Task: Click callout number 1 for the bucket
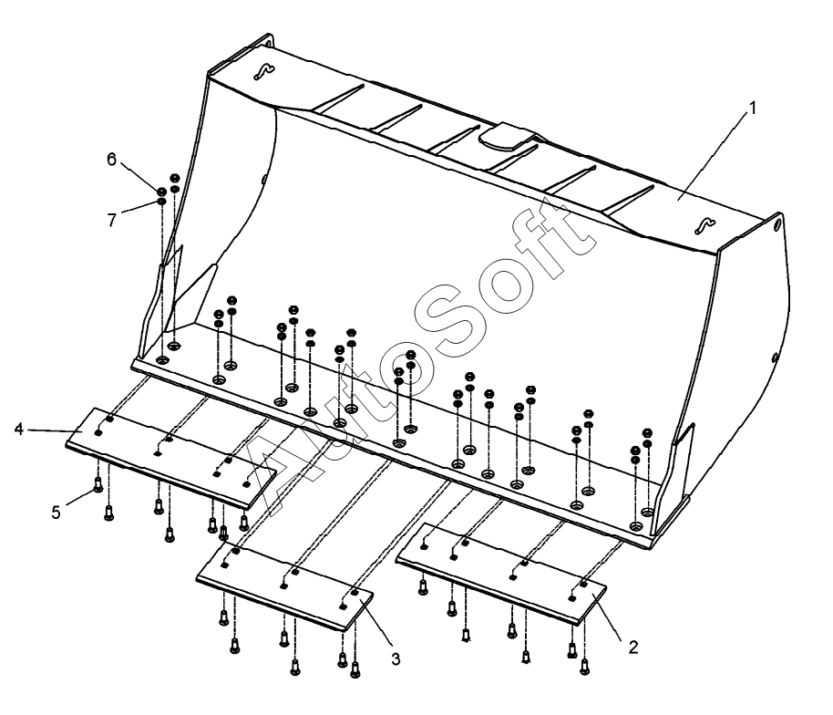pyautogui.click(x=752, y=108)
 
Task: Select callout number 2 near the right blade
pyautogui.click(x=632, y=648)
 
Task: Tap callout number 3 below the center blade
pyautogui.click(x=396, y=659)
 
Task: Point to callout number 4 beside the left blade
pyautogui.click(x=19, y=429)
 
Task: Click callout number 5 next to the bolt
pyautogui.click(x=56, y=513)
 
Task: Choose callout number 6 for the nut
pyautogui.click(x=111, y=159)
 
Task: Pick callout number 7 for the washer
pyautogui.click(x=111, y=219)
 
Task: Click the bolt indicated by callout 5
pyautogui.click(x=98, y=484)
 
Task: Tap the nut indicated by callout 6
pyautogui.click(x=161, y=191)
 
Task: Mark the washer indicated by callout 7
pyautogui.click(x=161, y=202)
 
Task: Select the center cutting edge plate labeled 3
pyautogui.click(x=284, y=586)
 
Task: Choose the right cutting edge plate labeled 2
pyautogui.click(x=501, y=573)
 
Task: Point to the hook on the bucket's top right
pyautogui.click(x=705, y=226)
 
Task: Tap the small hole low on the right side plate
pyautogui.click(x=775, y=357)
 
